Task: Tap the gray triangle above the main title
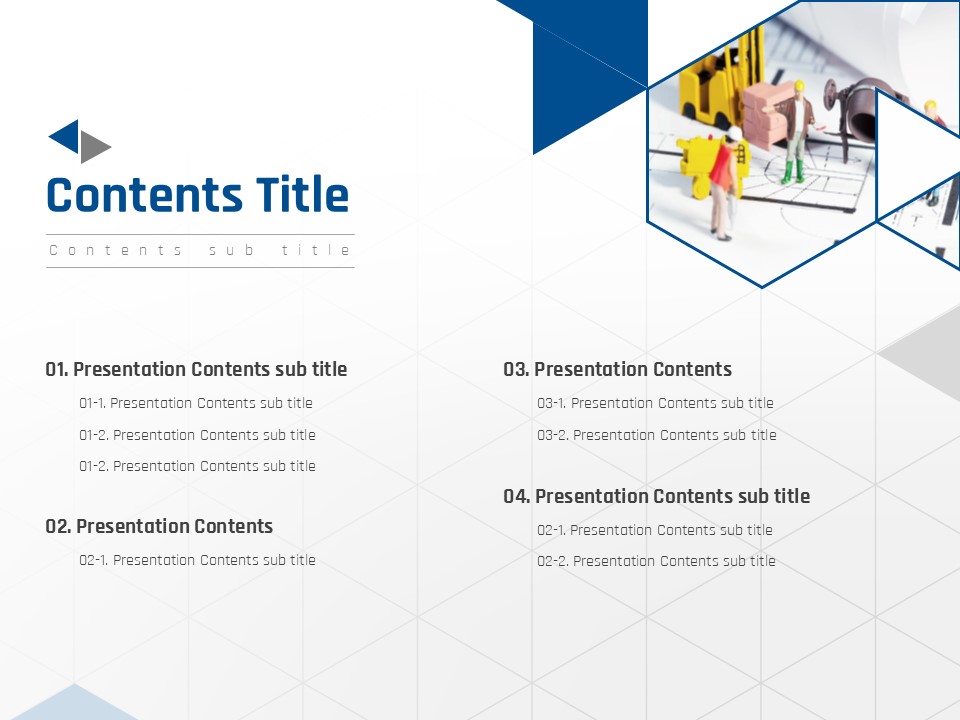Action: [x=92, y=147]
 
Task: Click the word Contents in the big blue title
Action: [x=144, y=195]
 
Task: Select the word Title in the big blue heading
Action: [x=302, y=195]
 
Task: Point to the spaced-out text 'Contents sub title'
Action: [x=200, y=250]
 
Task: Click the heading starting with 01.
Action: [x=196, y=369]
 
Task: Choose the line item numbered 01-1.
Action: [x=196, y=403]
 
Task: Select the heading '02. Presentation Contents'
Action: [x=159, y=526]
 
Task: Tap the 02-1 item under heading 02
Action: [x=197, y=560]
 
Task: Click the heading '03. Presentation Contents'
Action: [x=617, y=369]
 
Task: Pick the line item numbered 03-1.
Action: [x=655, y=403]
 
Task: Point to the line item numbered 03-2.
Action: [x=656, y=435]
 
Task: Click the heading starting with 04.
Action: [x=656, y=496]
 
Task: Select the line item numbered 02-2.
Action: [x=656, y=561]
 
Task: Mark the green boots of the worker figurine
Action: [x=792, y=173]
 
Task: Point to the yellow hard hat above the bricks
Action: [x=798, y=86]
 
